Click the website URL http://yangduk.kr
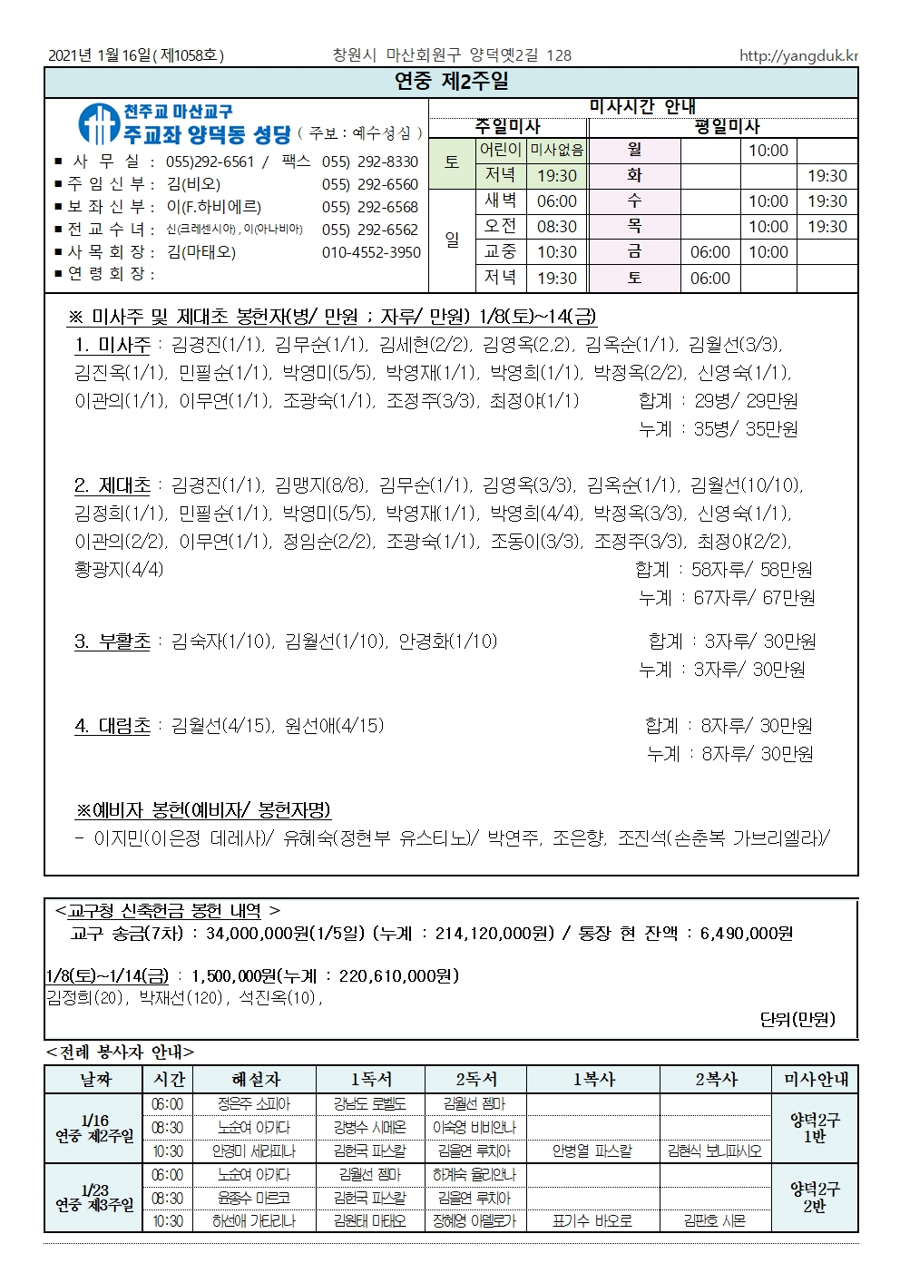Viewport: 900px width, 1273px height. pyautogui.click(x=798, y=55)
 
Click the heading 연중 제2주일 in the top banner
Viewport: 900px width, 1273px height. pyautogui.click(x=451, y=82)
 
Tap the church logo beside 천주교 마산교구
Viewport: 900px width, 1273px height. pyautogui.click(x=97, y=124)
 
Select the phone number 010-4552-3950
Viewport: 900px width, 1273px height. pyautogui.click(x=371, y=252)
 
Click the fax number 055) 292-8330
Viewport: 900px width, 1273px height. pyautogui.click(x=370, y=162)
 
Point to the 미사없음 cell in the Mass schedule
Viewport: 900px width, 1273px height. pyautogui.click(x=557, y=150)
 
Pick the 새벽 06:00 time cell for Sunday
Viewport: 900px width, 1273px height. pyautogui.click(x=557, y=201)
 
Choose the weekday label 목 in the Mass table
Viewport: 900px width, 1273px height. pyautogui.click(x=634, y=227)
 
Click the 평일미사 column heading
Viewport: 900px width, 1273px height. pyautogui.click(x=727, y=126)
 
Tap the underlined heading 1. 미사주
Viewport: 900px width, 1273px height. pyautogui.click(x=112, y=345)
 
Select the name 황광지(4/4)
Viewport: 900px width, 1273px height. pyautogui.click(x=119, y=570)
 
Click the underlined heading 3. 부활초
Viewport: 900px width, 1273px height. pyautogui.click(x=112, y=641)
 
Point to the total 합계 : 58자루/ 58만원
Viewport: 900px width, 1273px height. pyautogui.click(x=724, y=570)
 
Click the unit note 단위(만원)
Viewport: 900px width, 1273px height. pyautogui.click(x=797, y=1019)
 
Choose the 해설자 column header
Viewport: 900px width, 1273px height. pyautogui.click(x=256, y=1079)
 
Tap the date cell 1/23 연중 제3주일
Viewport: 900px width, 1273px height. pyautogui.click(x=94, y=1198)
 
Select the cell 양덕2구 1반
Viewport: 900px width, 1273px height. pyautogui.click(x=815, y=1128)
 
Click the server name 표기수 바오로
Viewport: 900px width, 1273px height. pyautogui.click(x=592, y=1221)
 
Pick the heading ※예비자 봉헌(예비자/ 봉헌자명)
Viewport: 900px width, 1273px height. pyautogui.click(x=203, y=809)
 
